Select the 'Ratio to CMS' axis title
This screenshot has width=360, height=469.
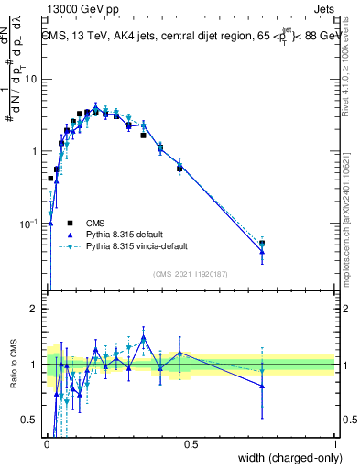click(16, 365)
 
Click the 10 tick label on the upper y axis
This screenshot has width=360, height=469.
click(32, 79)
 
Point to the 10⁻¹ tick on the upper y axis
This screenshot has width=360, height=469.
click(29, 223)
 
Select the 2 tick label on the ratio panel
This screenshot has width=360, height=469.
click(36, 309)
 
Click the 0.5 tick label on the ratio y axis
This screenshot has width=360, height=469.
click(30, 420)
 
